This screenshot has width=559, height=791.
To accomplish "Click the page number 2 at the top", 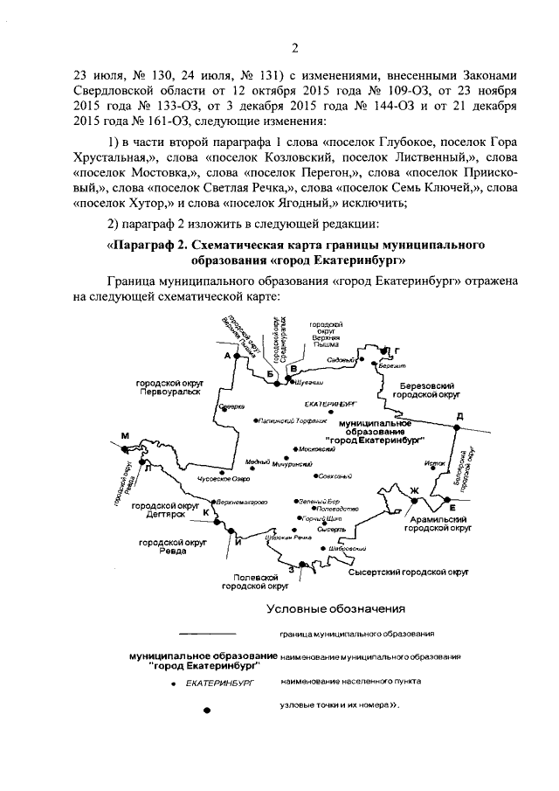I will [294, 47].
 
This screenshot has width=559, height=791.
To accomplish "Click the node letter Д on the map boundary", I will [459, 415].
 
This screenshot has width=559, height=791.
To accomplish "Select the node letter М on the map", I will [126, 436].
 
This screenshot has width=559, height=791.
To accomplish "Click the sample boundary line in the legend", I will [207, 632].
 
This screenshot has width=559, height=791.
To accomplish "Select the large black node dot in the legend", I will [207, 711].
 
